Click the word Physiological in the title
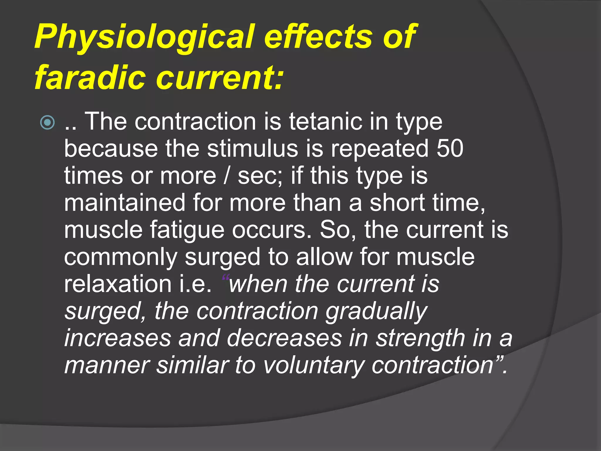(144, 37)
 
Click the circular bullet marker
(48, 122)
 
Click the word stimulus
(252, 149)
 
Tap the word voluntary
(313, 366)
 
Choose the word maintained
(125, 203)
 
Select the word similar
(192, 366)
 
